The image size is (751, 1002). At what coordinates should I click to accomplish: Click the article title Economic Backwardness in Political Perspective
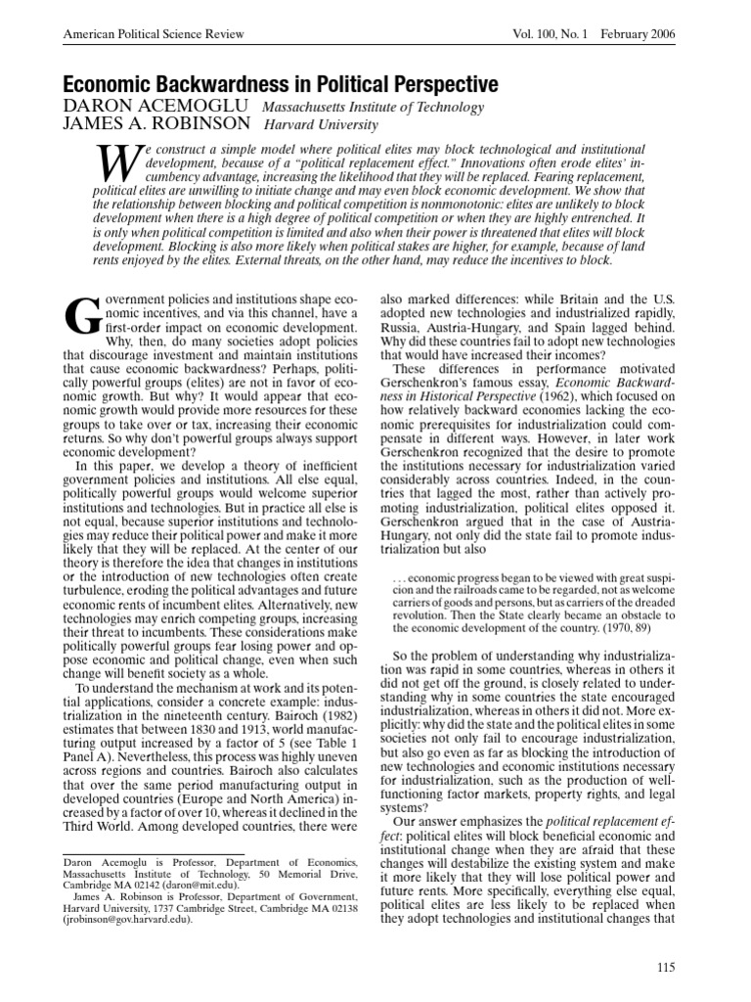click(282, 84)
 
